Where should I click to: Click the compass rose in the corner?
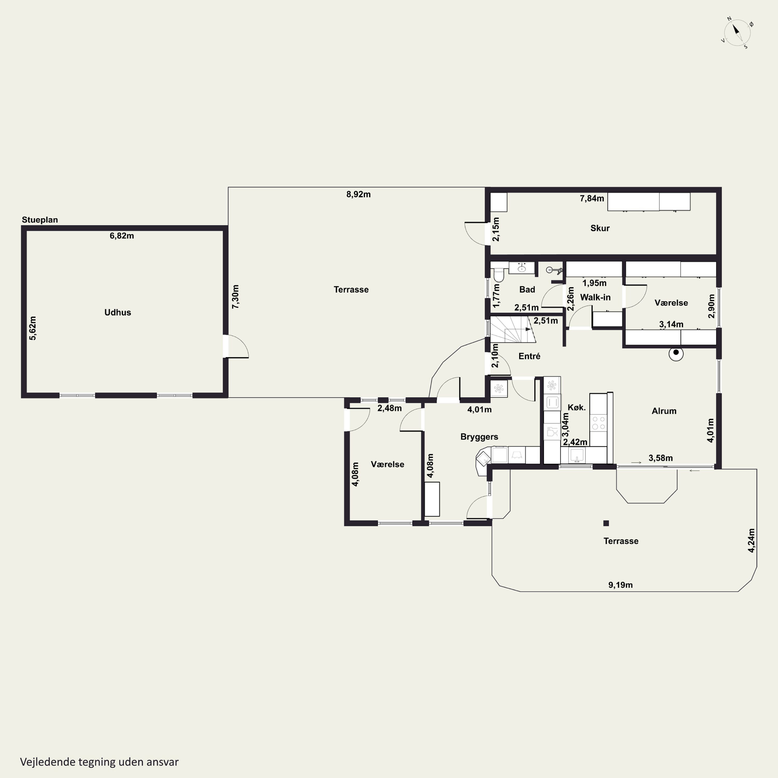[737, 32]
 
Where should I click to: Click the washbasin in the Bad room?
[522, 268]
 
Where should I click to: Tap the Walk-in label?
[595, 297]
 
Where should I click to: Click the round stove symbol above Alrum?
[676, 353]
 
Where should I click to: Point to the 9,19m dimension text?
[620, 585]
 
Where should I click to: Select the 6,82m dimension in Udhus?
[122, 235]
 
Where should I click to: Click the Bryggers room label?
[479, 437]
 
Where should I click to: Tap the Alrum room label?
[664, 411]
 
